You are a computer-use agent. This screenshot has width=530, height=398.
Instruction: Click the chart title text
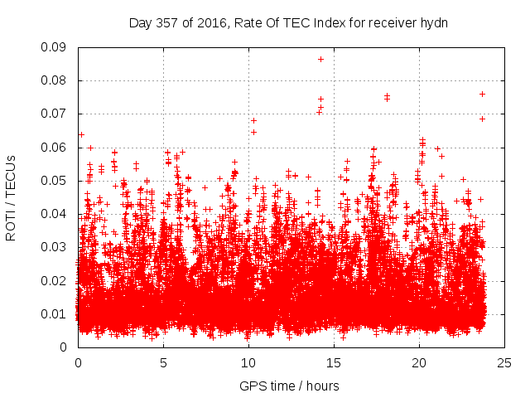click(x=288, y=22)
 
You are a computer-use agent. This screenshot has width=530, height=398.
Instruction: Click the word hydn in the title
click(x=434, y=22)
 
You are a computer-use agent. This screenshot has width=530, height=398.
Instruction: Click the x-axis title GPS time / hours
click(x=288, y=386)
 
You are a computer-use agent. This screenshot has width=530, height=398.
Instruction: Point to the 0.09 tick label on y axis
click(x=55, y=47)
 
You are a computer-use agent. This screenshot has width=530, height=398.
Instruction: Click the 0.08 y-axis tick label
click(x=55, y=80)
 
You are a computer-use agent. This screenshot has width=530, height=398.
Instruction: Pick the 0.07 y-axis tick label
click(x=55, y=114)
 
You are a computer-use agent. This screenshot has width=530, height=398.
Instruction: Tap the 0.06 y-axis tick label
click(x=55, y=148)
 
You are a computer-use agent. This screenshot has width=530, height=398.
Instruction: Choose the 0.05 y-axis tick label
click(x=55, y=181)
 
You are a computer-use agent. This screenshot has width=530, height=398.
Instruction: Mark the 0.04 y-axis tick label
click(x=55, y=214)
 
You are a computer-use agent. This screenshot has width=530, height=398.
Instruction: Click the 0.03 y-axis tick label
click(x=55, y=247)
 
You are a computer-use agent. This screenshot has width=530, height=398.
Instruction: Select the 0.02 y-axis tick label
click(x=55, y=280)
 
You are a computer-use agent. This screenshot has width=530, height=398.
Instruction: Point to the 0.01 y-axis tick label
click(x=55, y=313)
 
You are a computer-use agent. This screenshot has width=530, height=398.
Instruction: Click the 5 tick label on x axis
click(x=163, y=362)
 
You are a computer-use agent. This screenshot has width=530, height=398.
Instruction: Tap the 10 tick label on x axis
click(x=248, y=362)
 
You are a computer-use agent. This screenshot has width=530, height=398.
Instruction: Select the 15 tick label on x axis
click(x=334, y=362)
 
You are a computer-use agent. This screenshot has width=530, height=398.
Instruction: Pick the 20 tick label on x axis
click(x=419, y=362)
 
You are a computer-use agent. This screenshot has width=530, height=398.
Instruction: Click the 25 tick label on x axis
click(x=504, y=362)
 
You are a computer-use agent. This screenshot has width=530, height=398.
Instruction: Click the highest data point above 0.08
click(x=320, y=59)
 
